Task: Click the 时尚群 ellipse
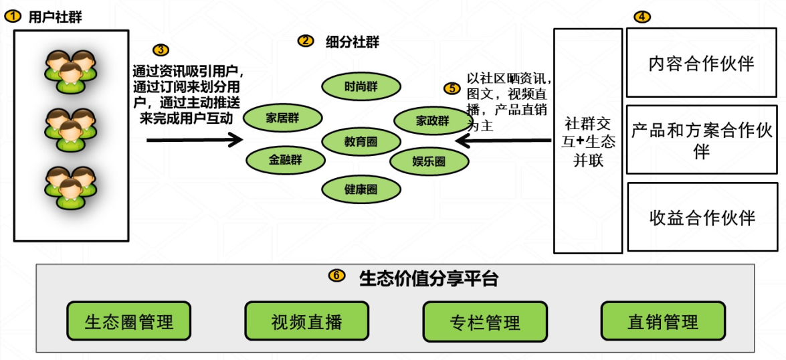[361, 86]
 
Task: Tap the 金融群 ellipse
[286, 160]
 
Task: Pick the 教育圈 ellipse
[361, 141]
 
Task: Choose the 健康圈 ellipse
[361, 189]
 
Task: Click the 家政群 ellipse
[432, 120]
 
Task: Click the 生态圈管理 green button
[128, 321]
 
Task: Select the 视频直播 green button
[306, 321]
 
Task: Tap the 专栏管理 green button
[485, 321]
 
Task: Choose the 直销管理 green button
[663, 321]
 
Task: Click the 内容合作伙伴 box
[701, 63]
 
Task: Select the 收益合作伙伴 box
[702, 217]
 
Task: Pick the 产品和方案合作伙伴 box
[701, 139]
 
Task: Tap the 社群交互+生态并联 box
[589, 141]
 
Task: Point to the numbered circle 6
[338, 276]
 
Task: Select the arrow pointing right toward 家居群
[194, 140]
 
